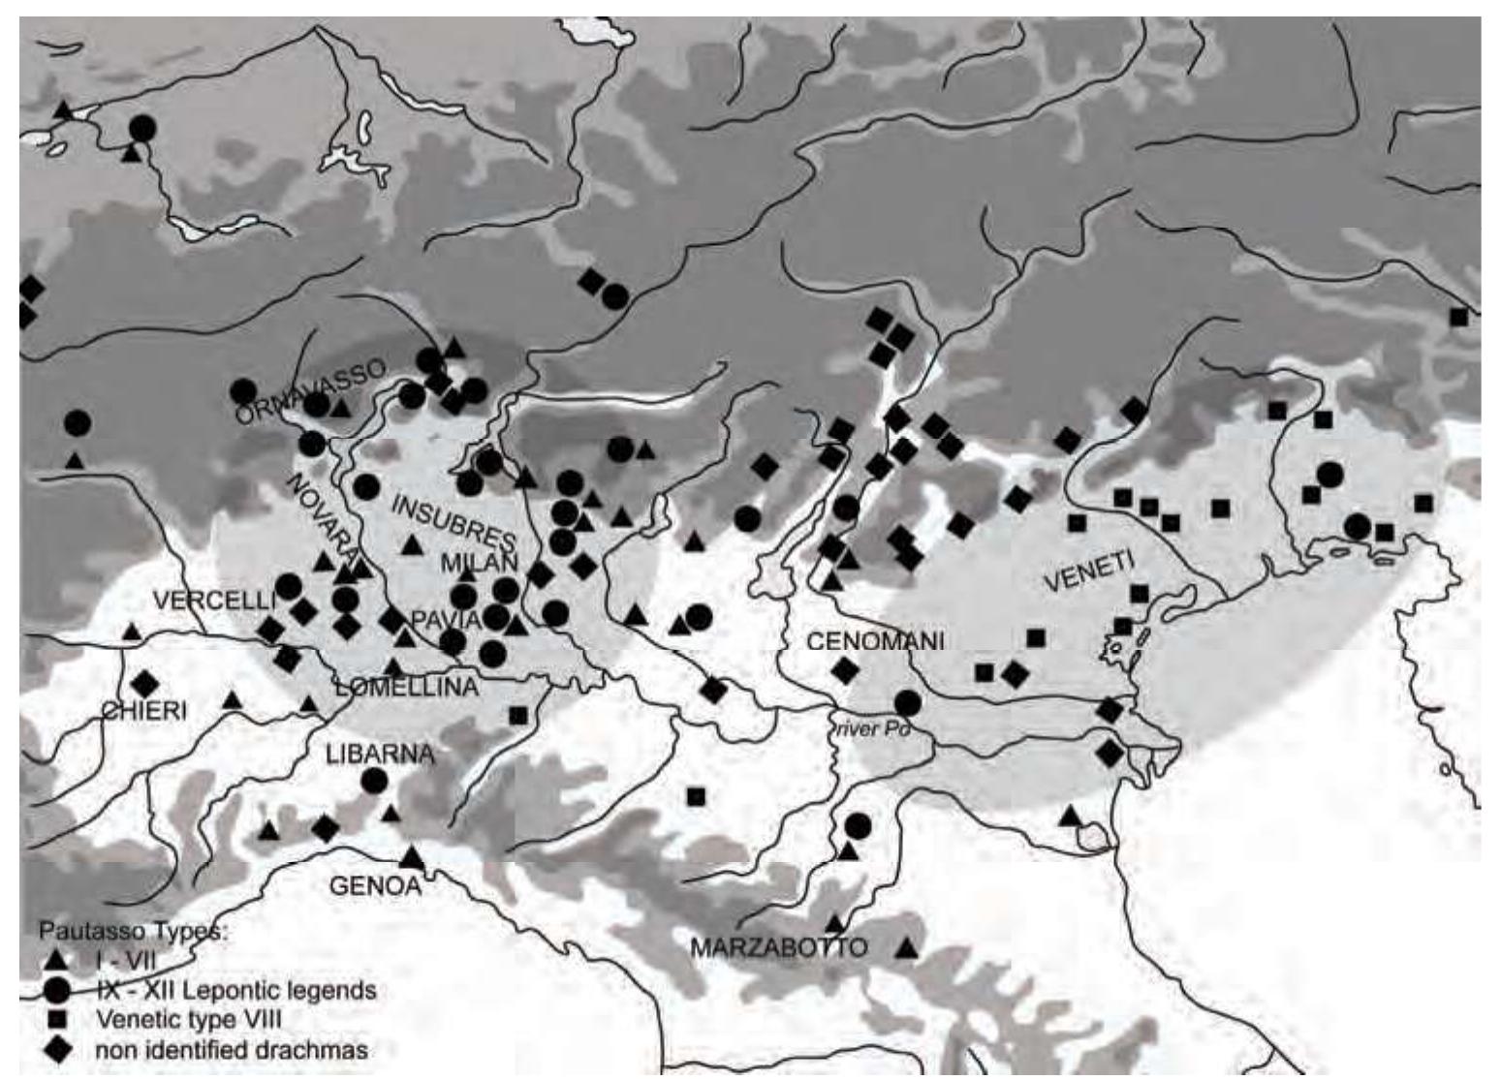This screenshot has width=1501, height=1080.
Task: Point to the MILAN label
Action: [482, 563]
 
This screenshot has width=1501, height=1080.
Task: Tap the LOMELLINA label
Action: [406, 688]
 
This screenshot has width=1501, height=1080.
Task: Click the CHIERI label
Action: [144, 710]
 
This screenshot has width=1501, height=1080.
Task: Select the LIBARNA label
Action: [379, 755]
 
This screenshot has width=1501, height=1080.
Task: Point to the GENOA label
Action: [377, 884]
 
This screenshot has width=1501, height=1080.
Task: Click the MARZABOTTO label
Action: [778, 947]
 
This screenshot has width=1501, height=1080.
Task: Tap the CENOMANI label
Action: [875, 641]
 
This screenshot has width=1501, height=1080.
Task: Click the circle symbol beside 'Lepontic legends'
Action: [57, 990]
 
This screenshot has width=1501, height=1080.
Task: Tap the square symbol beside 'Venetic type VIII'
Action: [57, 1019]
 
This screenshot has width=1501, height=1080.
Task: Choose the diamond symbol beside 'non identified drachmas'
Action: [57, 1049]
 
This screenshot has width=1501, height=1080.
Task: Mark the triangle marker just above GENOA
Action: [412, 856]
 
